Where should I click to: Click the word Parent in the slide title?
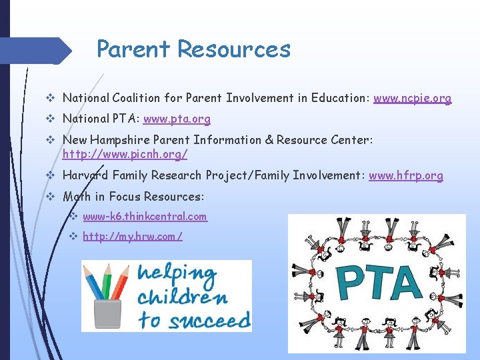coord(134,49)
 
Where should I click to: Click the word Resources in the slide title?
coord(234,49)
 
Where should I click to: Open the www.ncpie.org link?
coord(412,98)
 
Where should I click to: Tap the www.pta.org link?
coord(177,119)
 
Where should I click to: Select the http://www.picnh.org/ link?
coord(125,154)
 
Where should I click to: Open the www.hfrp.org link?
coord(405,175)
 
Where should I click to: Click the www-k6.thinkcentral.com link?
coord(145,217)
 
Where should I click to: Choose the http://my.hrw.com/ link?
coord(133,237)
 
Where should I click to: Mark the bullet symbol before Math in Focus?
coord(52,197)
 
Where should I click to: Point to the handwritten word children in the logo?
coord(182,297)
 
